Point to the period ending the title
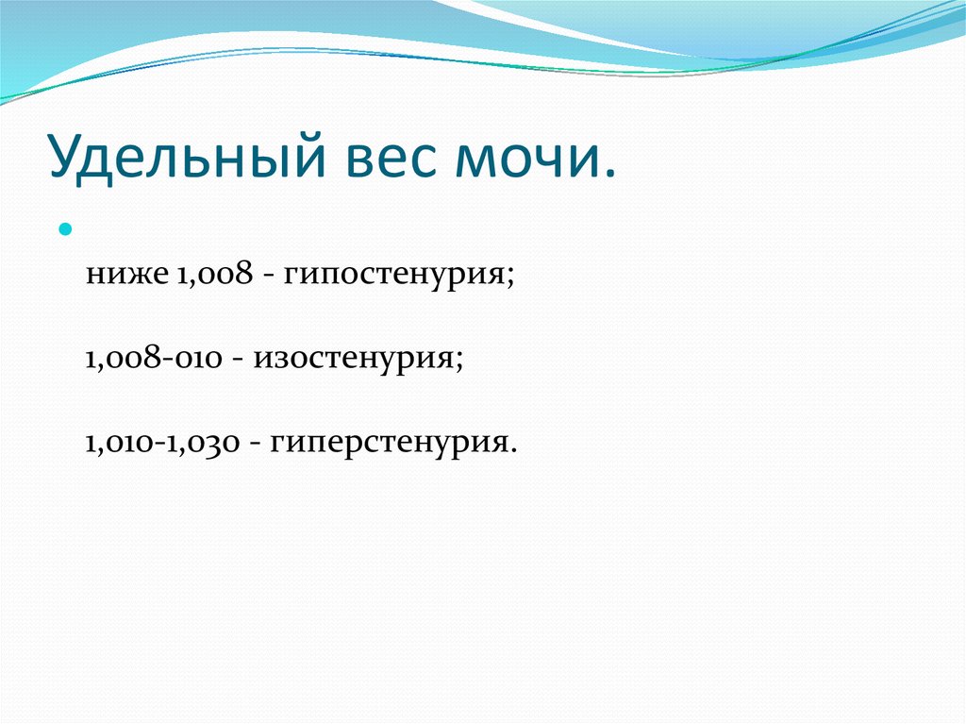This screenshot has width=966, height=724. [608, 174]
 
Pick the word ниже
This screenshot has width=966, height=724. [127, 275]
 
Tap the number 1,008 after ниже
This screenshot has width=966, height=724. [214, 273]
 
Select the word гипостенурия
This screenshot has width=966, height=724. [394, 275]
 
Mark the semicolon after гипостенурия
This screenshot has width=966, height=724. [509, 277]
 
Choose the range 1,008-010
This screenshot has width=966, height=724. [154, 358]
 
